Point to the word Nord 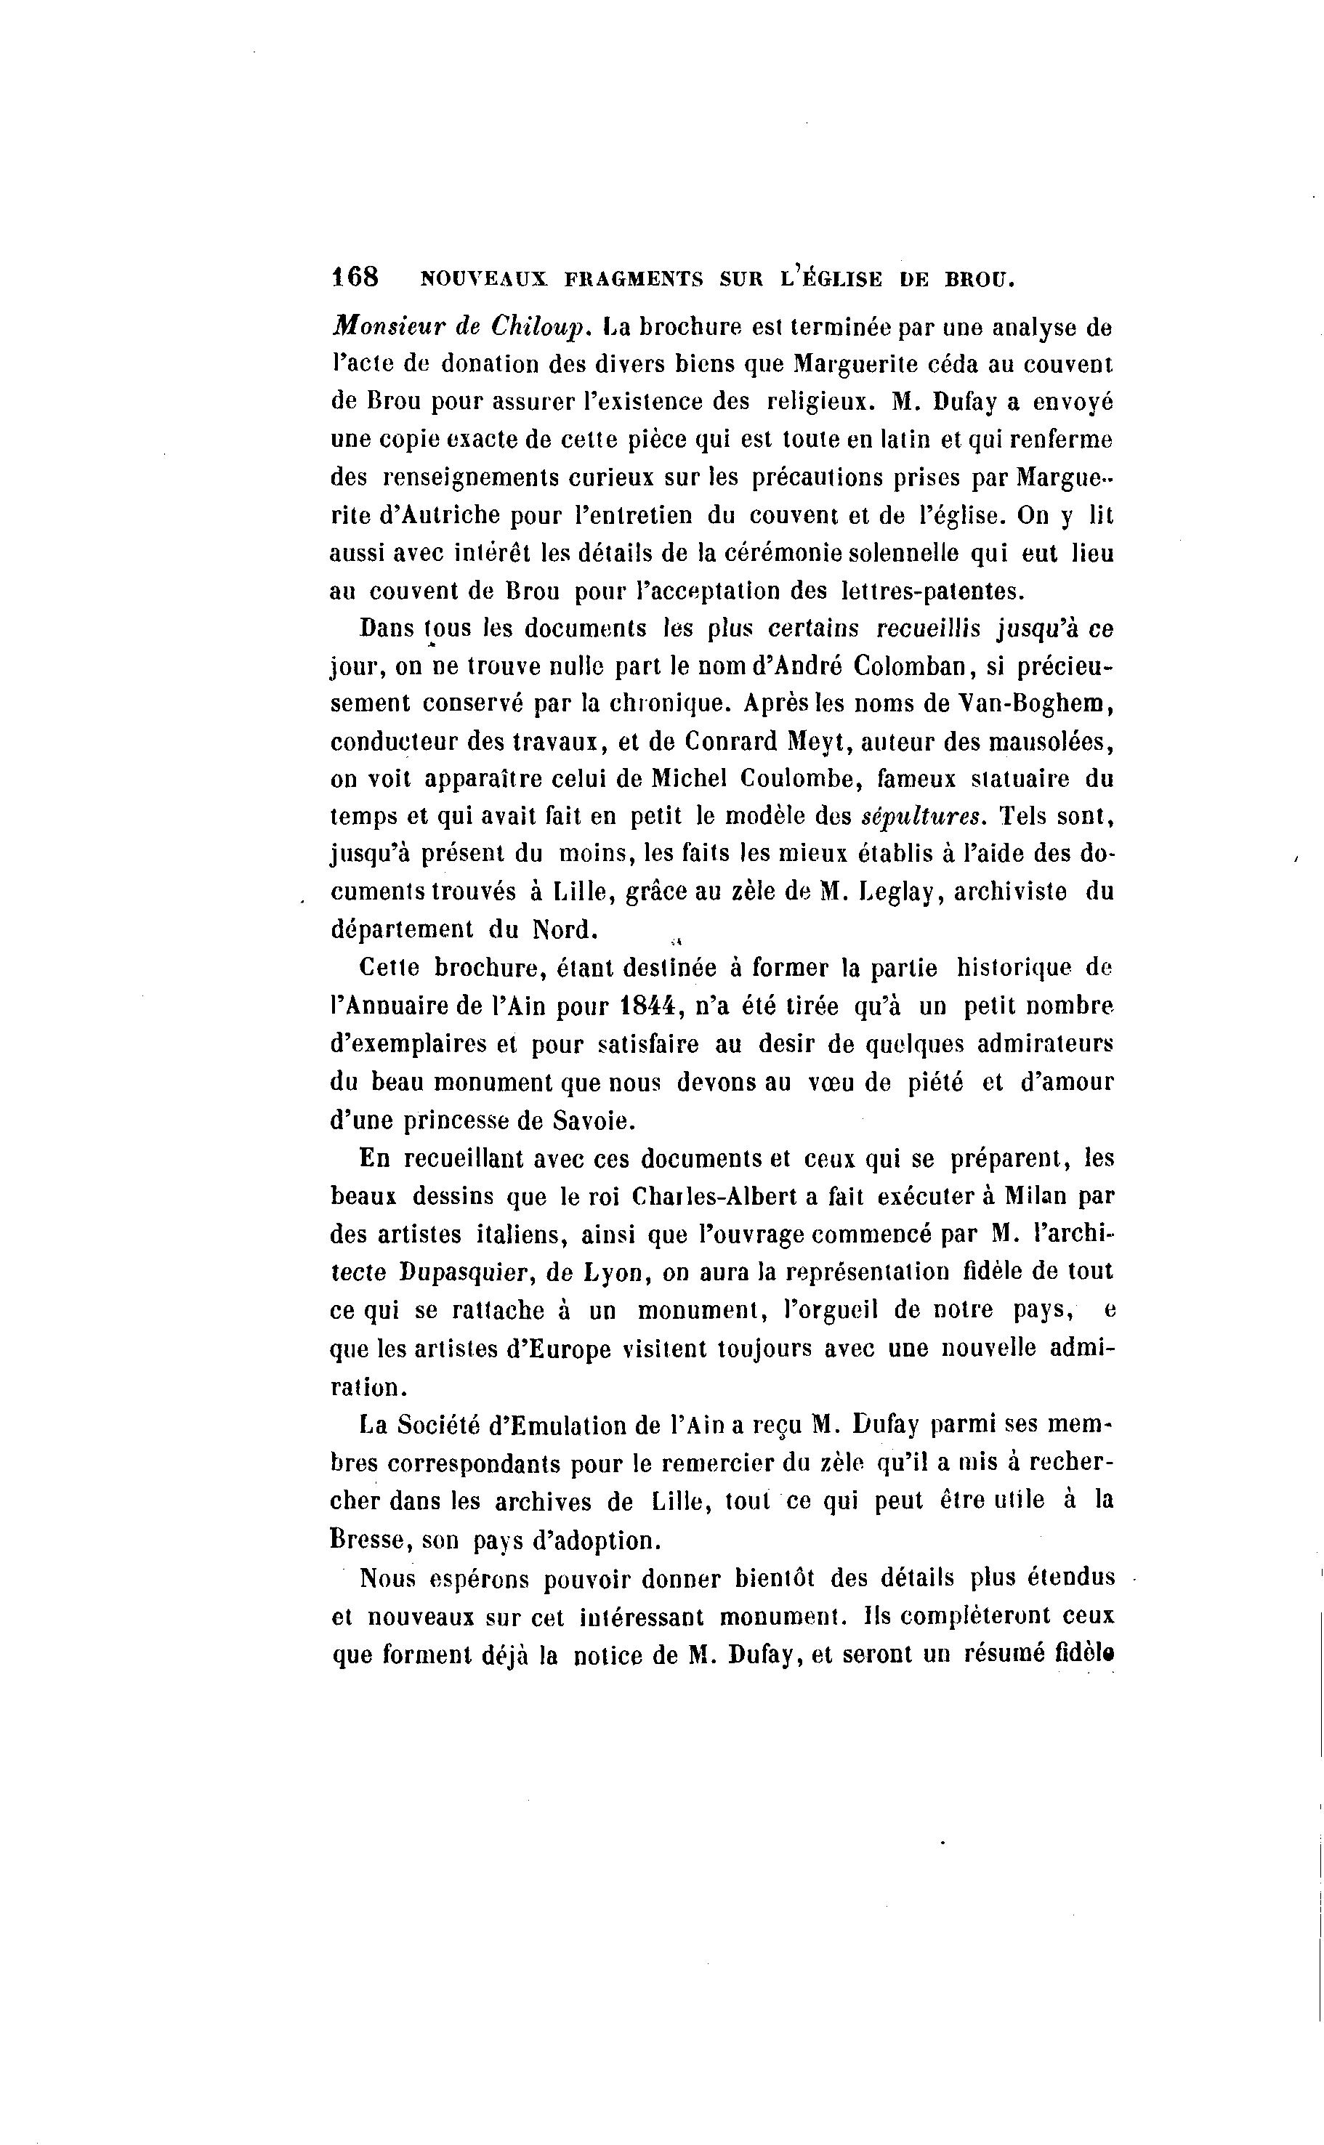pyautogui.click(x=565, y=929)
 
